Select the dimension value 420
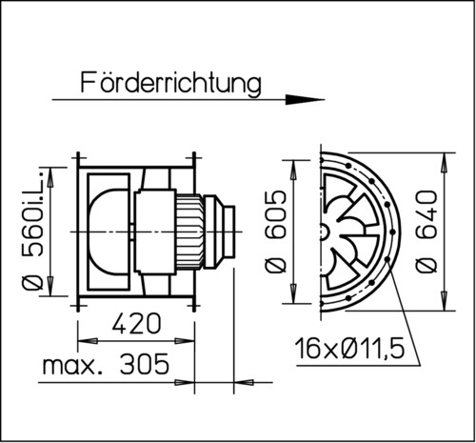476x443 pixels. (136, 324)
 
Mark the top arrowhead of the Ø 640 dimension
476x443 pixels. (445, 154)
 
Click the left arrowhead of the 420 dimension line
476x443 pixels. (82, 340)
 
